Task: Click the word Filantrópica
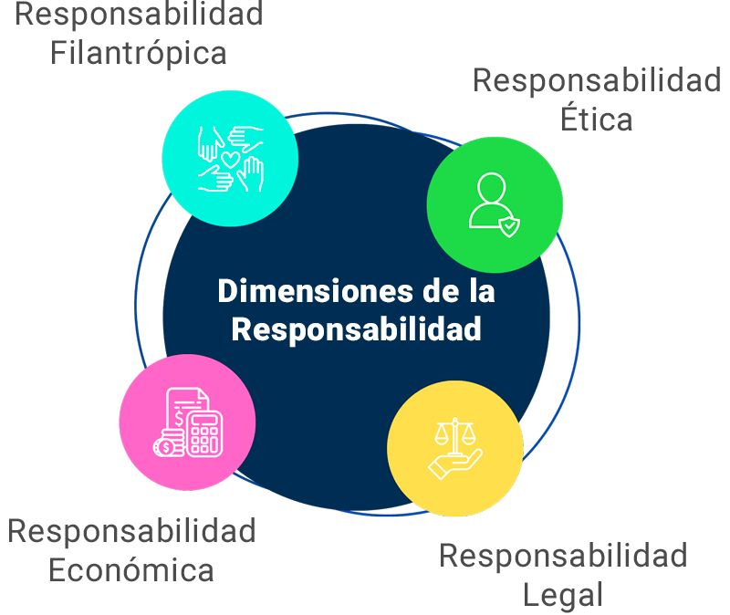[139, 54]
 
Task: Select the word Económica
[131, 570]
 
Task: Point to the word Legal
[563, 596]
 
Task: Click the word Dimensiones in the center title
[315, 291]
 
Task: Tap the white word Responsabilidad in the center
[356, 329]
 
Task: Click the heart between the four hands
[231, 159]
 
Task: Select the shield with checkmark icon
[509, 226]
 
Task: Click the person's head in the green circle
[491, 188]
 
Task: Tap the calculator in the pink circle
[204, 434]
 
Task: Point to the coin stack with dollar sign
[168, 443]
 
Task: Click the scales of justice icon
[454, 435]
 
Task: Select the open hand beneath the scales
[454, 464]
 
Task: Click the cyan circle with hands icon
[231, 159]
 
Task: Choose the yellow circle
[455, 448]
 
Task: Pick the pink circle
[187, 422]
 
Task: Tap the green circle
[495, 204]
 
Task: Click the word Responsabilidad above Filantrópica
[139, 14]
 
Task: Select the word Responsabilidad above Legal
[563, 557]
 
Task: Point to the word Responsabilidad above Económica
[131, 531]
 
